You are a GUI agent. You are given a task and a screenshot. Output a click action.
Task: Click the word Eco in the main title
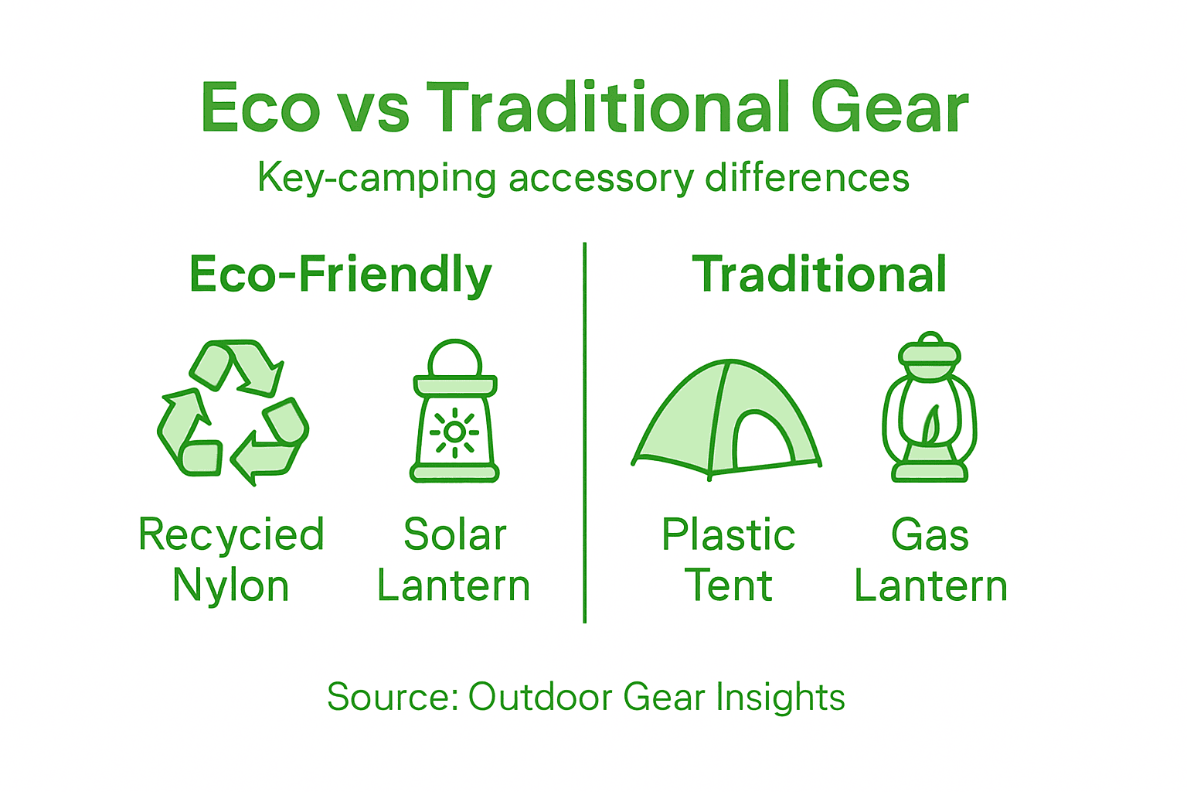[x=260, y=108]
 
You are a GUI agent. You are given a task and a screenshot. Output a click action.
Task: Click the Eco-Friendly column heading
[x=340, y=275]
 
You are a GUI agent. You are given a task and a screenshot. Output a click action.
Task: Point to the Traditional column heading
[x=819, y=275]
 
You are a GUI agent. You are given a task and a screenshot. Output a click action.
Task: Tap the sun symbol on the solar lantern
[x=454, y=432]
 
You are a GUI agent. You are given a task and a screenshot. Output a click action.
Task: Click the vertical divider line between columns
[x=585, y=433]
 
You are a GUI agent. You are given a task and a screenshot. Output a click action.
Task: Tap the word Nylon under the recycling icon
[x=230, y=586]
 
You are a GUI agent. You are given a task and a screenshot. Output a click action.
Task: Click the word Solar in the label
[x=454, y=534]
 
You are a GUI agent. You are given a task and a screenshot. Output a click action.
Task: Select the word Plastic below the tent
[x=728, y=534]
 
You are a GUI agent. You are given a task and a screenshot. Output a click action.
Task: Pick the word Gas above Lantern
[x=930, y=534]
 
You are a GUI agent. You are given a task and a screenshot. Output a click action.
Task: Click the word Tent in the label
[x=728, y=585]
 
